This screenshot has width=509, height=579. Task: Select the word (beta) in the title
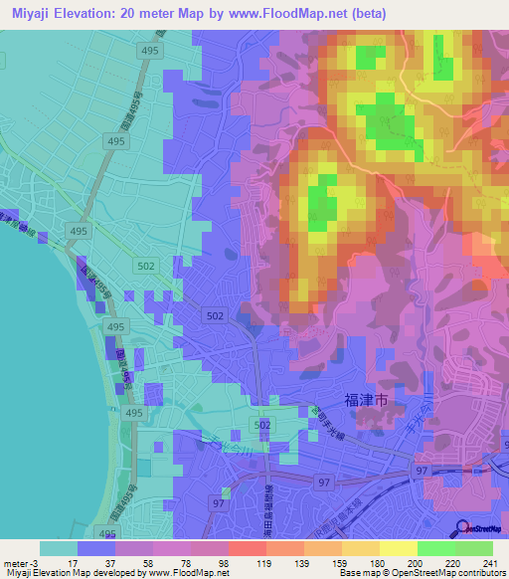(x=364, y=13)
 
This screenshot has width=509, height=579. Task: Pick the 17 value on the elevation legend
(x=76, y=562)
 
